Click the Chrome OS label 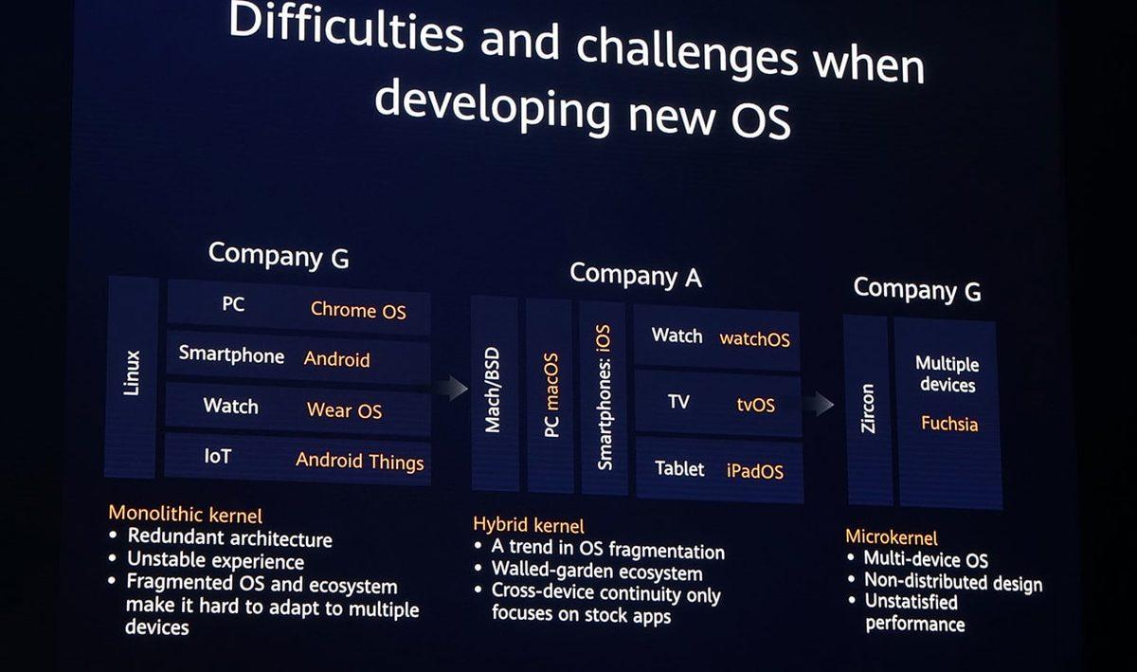pos(358,309)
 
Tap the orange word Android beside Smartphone pos(336,359)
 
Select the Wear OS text pos(344,410)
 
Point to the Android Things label pos(359,462)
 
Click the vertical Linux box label pos(132,373)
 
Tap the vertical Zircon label pos(867,409)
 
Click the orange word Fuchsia pos(948,424)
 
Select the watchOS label pos(754,338)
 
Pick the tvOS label pos(755,405)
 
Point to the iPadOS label pos(755,471)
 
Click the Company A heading pos(635,276)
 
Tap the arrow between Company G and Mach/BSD pos(454,388)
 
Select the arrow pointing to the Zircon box pos(818,404)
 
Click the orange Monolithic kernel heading pos(185,515)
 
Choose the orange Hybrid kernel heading pos(528,525)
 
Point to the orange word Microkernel pos(891,537)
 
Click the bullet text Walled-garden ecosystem pos(596,572)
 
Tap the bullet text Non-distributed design pos(952,582)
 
